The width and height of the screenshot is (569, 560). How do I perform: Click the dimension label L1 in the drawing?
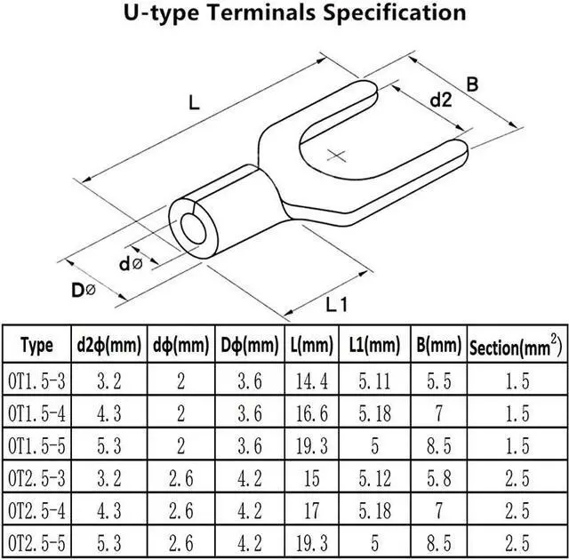336,305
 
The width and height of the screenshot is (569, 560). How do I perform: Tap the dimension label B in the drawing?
472,84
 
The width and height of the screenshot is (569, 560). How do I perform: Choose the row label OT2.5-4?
36,509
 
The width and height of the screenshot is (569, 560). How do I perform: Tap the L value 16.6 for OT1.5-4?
311,413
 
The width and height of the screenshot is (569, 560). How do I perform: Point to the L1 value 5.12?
374,477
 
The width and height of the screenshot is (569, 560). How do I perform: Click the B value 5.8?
437,477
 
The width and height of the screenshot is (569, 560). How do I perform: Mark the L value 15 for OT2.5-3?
311,477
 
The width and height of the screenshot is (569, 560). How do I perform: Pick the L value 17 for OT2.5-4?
311,509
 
